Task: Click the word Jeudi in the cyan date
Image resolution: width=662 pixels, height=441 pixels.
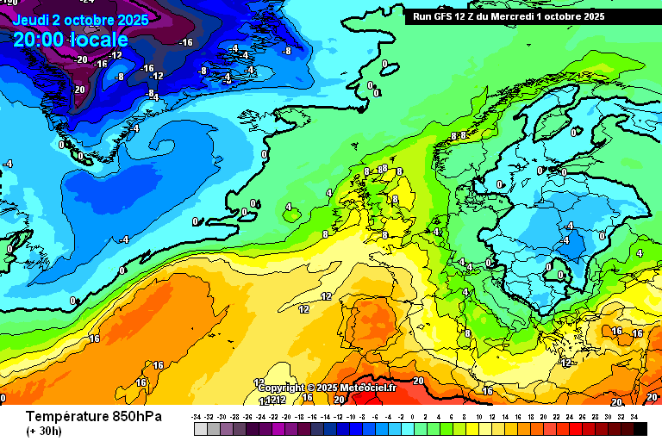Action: [31, 19]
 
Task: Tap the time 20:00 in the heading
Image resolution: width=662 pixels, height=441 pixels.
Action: [38, 40]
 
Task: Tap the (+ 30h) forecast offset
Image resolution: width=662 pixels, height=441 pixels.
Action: [42, 430]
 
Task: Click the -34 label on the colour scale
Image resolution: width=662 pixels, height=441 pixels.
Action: [197, 416]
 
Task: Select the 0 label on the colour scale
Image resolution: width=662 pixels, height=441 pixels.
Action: [413, 416]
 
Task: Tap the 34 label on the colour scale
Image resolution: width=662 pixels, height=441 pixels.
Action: [634, 416]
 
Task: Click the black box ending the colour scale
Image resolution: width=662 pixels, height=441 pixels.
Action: [640, 428]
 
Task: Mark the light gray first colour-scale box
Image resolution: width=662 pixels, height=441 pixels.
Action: [200, 428]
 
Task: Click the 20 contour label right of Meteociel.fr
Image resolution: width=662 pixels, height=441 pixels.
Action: [419, 381]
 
